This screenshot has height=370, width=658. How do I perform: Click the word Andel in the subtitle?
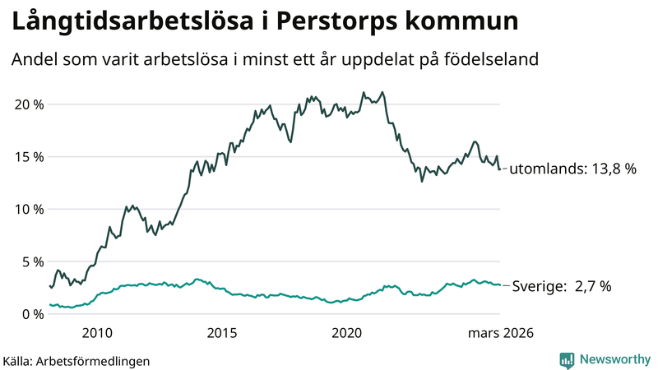(x=33, y=60)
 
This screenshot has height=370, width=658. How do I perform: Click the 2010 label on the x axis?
(x=97, y=333)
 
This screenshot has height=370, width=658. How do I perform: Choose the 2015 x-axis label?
(x=222, y=333)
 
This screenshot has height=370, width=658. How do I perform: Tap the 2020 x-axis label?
(x=346, y=333)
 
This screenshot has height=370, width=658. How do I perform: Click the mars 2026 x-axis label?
(x=501, y=333)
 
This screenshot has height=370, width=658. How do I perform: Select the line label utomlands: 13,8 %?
(x=573, y=169)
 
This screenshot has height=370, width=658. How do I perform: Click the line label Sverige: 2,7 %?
(x=562, y=286)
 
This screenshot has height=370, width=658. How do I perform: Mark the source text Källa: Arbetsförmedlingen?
(x=76, y=360)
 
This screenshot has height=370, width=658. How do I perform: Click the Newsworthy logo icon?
(x=567, y=359)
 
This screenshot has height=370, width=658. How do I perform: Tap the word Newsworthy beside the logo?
(x=614, y=359)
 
